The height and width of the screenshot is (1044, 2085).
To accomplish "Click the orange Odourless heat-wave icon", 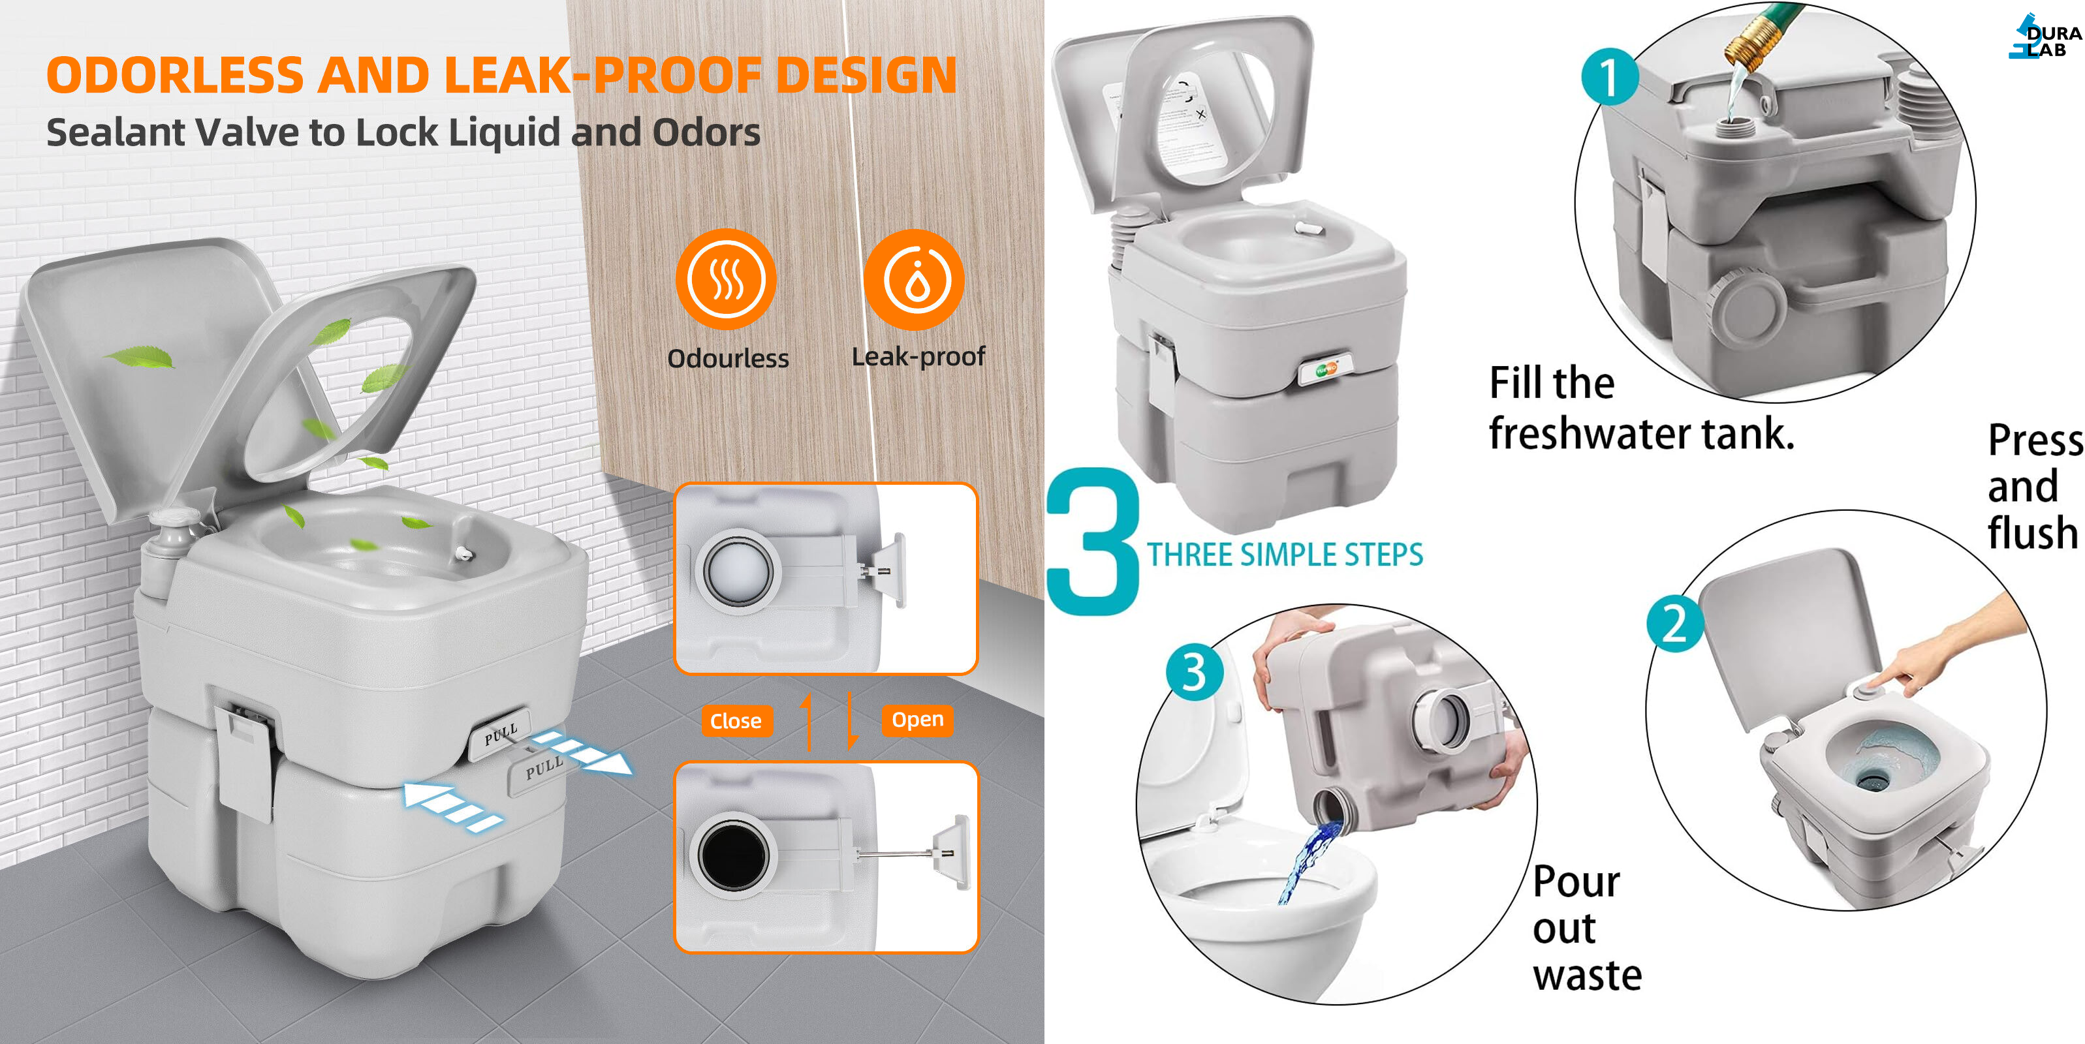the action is click(726, 279).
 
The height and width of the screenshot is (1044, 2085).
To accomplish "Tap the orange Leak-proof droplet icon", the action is click(915, 279).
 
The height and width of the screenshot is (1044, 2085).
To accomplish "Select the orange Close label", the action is click(736, 720).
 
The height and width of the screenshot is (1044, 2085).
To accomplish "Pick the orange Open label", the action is click(918, 720).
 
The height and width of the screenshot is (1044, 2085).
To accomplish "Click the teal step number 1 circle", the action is click(1610, 78).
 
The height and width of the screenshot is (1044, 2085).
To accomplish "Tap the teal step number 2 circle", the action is click(1674, 623).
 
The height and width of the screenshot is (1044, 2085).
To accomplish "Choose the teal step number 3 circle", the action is click(1194, 671).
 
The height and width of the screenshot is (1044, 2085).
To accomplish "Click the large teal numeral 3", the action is click(1093, 542).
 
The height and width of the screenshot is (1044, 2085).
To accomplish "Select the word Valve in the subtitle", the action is click(247, 132).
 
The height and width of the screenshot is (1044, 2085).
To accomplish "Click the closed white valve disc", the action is click(738, 570).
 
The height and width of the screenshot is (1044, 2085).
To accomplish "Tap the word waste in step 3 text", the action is click(1587, 975).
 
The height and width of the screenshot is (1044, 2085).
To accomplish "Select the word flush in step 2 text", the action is click(2033, 532).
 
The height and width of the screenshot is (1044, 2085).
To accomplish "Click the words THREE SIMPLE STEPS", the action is click(1285, 555).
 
